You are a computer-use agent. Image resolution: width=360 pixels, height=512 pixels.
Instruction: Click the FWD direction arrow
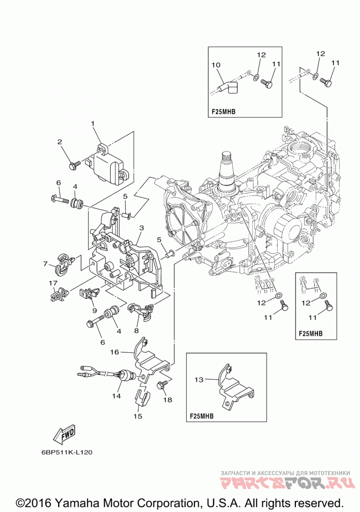64,434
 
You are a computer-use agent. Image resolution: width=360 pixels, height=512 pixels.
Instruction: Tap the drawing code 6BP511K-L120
67,453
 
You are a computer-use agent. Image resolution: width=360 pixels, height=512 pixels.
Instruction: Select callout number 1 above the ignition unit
93,123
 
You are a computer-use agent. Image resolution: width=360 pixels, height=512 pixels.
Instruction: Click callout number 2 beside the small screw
60,142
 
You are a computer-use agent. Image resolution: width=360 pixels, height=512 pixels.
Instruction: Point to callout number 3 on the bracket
141,228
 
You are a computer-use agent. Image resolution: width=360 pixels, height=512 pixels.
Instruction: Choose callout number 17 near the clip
53,283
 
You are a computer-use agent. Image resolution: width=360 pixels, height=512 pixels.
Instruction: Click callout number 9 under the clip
94,310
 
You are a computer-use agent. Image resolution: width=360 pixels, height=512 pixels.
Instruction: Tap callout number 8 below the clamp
136,331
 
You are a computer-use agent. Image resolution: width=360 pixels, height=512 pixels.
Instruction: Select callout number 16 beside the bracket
114,352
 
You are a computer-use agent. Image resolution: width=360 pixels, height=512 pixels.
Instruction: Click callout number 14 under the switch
117,396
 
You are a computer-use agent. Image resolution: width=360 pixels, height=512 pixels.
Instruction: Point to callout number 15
138,416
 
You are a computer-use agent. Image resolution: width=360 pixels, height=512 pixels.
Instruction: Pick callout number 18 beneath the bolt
167,400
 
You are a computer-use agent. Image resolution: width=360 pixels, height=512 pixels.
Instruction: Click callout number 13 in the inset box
199,380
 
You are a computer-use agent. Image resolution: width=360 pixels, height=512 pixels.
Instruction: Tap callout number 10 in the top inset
216,65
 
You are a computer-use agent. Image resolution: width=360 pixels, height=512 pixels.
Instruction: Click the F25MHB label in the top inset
224,112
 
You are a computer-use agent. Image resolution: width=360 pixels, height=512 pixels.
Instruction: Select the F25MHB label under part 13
202,416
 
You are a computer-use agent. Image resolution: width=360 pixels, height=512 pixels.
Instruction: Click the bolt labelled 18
161,385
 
